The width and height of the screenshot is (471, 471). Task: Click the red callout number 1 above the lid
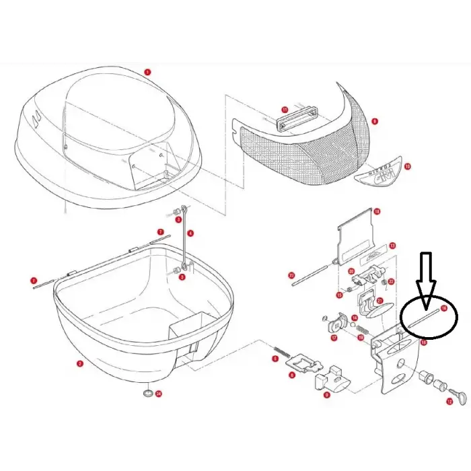[147, 71]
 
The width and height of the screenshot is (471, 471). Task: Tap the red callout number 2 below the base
[79, 364]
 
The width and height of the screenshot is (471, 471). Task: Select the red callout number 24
[159, 394]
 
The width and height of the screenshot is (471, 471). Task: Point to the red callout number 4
[190, 233]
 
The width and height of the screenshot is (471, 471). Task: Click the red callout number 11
[285, 109]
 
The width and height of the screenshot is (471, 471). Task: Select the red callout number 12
[449, 402]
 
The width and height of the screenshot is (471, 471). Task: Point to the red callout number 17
[334, 338]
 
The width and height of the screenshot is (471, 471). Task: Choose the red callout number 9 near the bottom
[326, 396]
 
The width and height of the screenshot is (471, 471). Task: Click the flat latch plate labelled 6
[303, 365]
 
